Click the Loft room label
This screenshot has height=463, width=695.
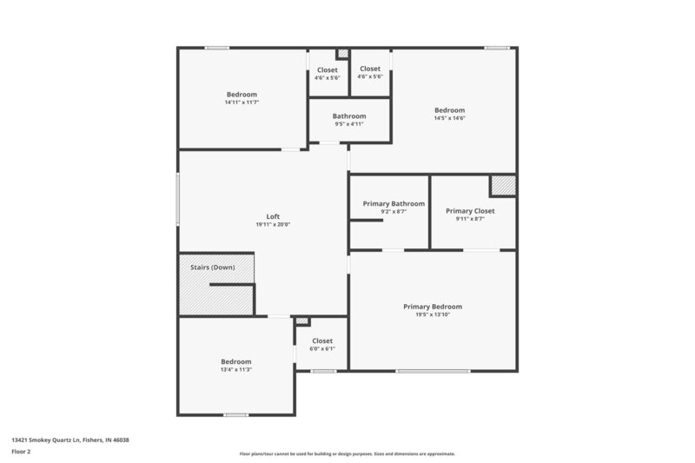[273, 216]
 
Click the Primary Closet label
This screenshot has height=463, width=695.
[470, 210]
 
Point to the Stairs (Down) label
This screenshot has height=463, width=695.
[212, 268]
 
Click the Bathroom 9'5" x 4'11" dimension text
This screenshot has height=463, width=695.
[349, 124]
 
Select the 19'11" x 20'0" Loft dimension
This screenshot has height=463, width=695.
[273, 225]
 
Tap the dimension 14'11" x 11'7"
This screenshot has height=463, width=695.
[242, 103]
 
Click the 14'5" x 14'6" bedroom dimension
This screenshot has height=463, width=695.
[450, 118]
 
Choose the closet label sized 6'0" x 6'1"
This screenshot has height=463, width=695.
[322, 341]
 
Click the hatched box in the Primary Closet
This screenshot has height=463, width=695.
[502, 185]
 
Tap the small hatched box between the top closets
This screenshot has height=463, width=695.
[342, 54]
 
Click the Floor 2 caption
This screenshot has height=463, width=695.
[22, 452]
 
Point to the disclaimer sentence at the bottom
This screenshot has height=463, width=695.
[347, 453]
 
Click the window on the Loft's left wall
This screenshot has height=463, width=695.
[178, 201]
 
